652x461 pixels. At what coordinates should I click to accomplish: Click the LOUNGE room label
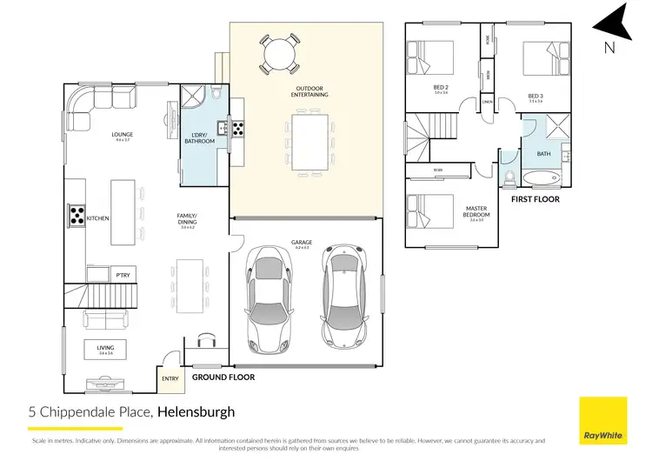(122, 135)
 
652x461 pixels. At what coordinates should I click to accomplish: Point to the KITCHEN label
(97, 217)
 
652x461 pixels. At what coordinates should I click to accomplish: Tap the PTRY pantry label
(123, 276)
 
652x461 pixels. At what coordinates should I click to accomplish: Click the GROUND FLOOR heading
(224, 377)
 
